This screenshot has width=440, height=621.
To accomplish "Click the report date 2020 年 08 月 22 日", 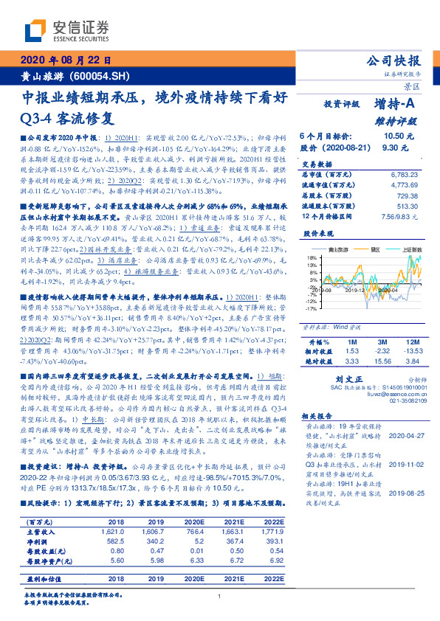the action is tap(66, 60).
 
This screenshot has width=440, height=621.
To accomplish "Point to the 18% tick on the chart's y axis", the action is tap(314, 257).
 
